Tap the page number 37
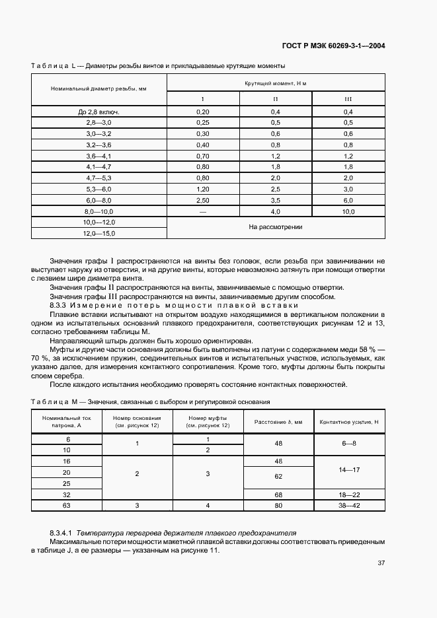(381, 563)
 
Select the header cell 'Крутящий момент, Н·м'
(276, 83)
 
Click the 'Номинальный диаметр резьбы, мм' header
(98, 88)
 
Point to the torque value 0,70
(203, 155)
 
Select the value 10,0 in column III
(348, 211)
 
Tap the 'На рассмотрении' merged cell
(276, 227)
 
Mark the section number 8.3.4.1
(63, 532)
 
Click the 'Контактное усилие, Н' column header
(348, 422)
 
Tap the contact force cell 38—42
(348, 506)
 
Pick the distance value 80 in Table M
(278, 506)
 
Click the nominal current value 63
(66, 506)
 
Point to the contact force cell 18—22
(348, 494)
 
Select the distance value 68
(278, 494)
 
